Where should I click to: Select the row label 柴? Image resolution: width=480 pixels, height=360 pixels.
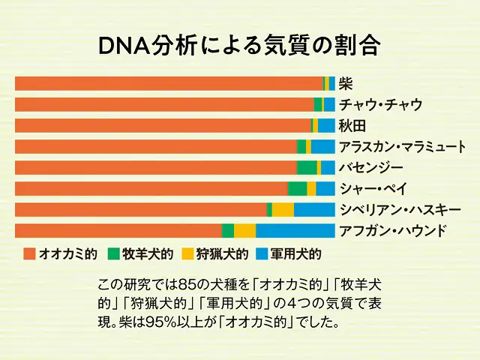pyautogui.click(x=346, y=83)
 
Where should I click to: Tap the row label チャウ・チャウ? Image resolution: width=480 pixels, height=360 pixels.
pyautogui.click(x=380, y=104)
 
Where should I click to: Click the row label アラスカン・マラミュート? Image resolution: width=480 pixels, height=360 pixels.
pyautogui.click(x=402, y=146)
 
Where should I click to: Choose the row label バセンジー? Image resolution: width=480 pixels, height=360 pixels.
pyautogui.click(x=370, y=167)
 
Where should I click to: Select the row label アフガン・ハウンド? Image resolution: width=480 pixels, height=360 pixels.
pyautogui.click(x=392, y=230)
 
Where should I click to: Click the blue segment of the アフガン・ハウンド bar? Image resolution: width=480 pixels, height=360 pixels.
pyautogui.click(x=295, y=230)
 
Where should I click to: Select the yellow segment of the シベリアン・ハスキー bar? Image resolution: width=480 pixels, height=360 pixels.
pyautogui.click(x=283, y=209)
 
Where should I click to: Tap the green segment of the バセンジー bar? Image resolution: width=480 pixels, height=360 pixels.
pyautogui.click(x=307, y=167)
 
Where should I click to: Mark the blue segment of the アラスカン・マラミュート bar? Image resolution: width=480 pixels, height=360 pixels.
pyautogui.click(x=322, y=146)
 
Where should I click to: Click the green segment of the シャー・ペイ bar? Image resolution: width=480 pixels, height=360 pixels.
pyautogui.click(x=298, y=188)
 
